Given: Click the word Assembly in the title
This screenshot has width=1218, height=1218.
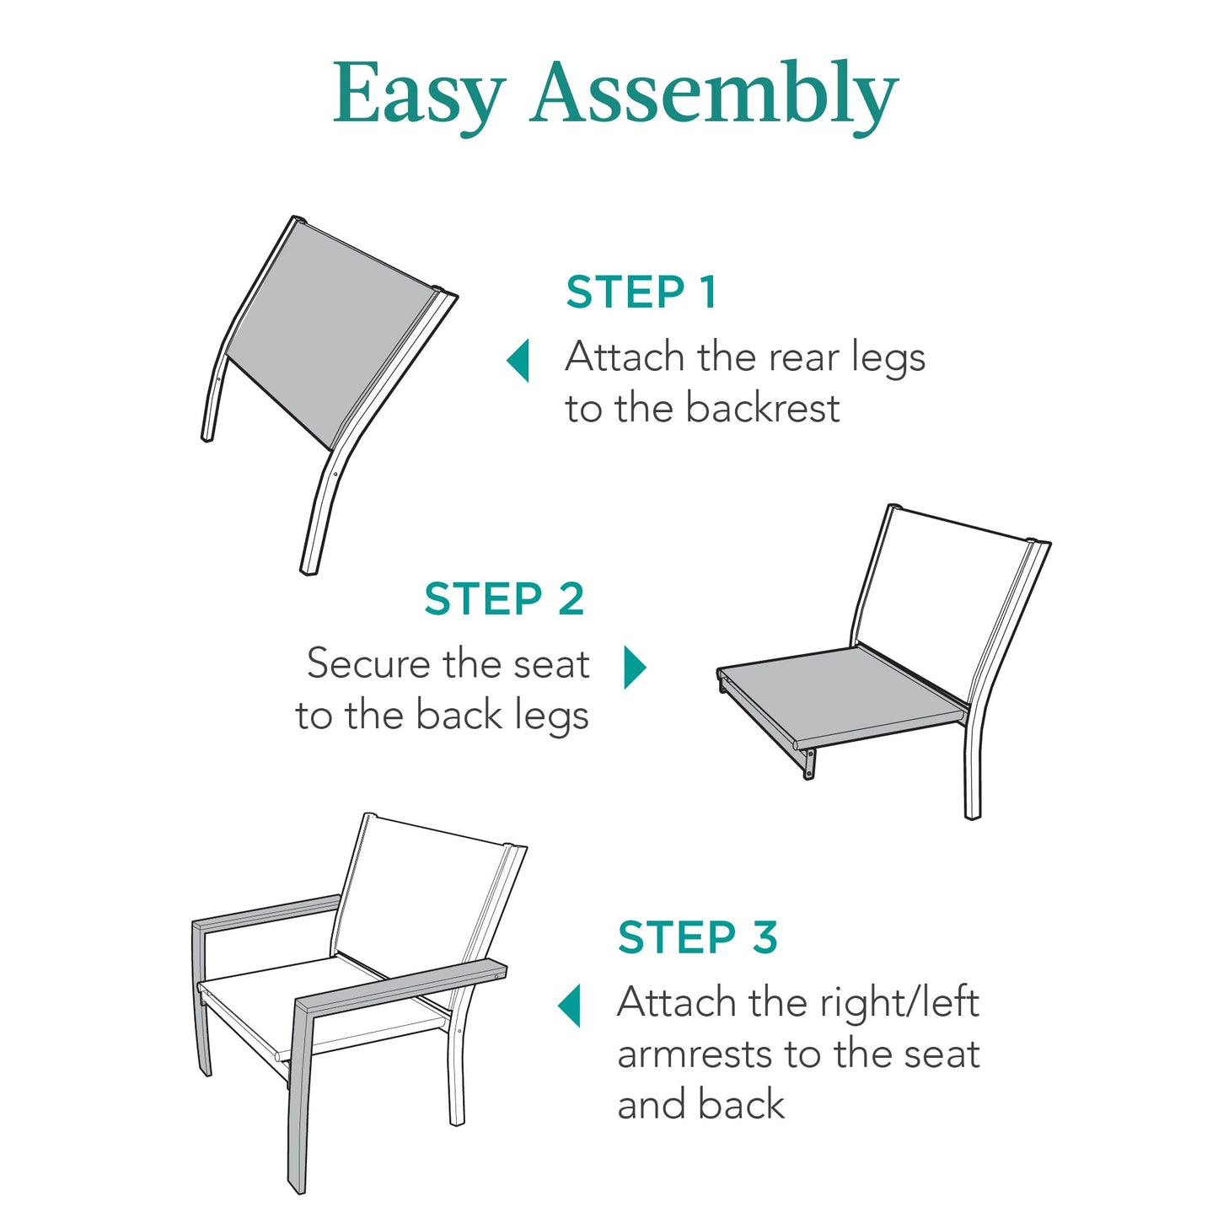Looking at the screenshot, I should pyautogui.click(x=714, y=94).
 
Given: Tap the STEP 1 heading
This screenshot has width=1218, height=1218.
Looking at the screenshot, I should pyautogui.click(x=641, y=292).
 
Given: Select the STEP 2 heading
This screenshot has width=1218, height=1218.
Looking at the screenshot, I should pyautogui.click(x=504, y=599).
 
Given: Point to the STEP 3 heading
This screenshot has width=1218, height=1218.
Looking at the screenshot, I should pyautogui.click(x=697, y=937).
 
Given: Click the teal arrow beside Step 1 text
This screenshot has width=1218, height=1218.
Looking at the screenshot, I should pyautogui.click(x=518, y=360).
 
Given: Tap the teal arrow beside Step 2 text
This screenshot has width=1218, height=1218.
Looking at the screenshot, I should pyautogui.click(x=634, y=668).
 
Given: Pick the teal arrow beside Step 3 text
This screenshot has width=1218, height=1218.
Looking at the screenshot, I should pyautogui.click(x=571, y=1005).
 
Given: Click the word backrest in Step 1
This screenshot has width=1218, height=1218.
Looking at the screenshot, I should pyautogui.click(x=762, y=409).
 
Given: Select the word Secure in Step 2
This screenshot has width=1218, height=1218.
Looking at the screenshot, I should pyautogui.click(x=369, y=664).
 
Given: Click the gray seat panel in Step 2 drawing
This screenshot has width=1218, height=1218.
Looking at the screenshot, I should pyautogui.click(x=843, y=695).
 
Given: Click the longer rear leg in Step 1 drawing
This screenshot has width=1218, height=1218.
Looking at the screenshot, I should pyautogui.click(x=325, y=506).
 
